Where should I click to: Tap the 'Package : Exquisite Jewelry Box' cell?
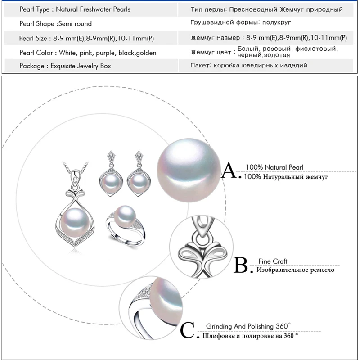[65, 66]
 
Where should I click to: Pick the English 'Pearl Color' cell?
[88, 53]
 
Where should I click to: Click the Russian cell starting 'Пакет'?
[249, 66]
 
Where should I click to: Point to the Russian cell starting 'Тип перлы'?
[266, 9]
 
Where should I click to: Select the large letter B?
[241, 265]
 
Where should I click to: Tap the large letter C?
[187, 331]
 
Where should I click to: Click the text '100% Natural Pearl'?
[274, 167]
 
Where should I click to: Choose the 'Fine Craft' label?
[273, 261]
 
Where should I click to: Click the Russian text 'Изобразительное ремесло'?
[295, 270]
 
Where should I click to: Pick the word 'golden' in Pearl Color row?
[146, 53]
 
